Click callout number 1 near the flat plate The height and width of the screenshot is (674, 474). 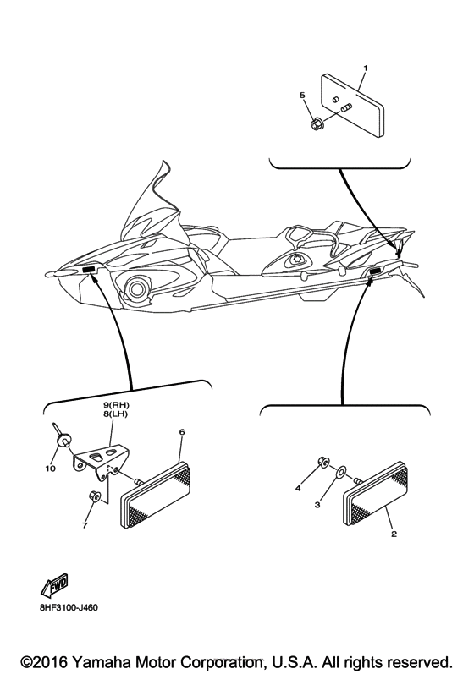click(366, 68)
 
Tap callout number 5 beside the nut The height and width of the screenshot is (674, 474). click(303, 95)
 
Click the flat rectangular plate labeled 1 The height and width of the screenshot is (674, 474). click(352, 106)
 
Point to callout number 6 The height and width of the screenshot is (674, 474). click(182, 431)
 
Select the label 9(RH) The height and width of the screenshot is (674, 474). click(116, 405)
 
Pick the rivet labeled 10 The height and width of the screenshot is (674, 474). click(62, 434)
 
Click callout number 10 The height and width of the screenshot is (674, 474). click(51, 469)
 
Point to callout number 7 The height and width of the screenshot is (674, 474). click(85, 525)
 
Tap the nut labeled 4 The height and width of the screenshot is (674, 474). click(323, 462)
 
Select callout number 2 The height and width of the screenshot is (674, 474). click(394, 534)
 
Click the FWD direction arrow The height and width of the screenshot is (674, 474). click(55, 585)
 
